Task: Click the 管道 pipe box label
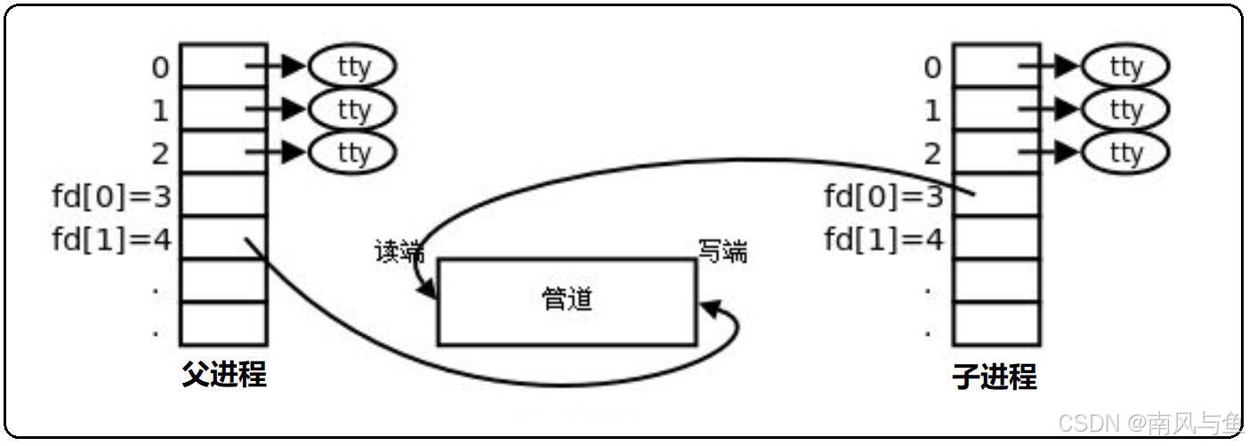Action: [x=567, y=300]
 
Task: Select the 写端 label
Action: [x=721, y=253]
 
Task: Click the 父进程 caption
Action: [x=224, y=375]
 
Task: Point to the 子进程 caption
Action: [x=995, y=377]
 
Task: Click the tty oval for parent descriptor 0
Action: [x=352, y=66]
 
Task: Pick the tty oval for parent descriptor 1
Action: [x=352, y=109]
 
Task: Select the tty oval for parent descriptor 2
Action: [x=352, y=152]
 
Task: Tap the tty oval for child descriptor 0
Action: [x=1125, y=67]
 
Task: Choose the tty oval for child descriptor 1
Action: [x=1125, y=110]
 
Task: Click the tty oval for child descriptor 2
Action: [x=1125, y=153]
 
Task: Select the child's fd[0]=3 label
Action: [x=882, y=196]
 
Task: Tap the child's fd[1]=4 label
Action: [x=882, y=239]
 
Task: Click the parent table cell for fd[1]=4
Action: [x=223, y=238]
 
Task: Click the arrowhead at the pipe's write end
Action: [x=710, y=308]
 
